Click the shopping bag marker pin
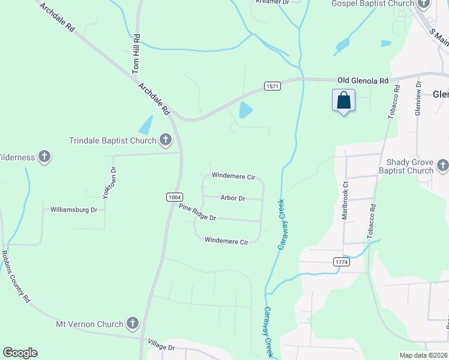pos(344,100)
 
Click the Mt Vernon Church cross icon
pos(133,324)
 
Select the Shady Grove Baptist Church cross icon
pos(443,164)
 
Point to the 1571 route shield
pos(273,86)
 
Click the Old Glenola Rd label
pos(363,80)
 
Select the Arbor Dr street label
pos(233,198)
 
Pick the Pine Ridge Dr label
pos(197,212)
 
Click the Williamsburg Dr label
pos(74,210)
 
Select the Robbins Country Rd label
pos(16,275)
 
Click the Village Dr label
pos(162,347)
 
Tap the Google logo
pos(20,353)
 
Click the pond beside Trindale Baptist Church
pos(146,125)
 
